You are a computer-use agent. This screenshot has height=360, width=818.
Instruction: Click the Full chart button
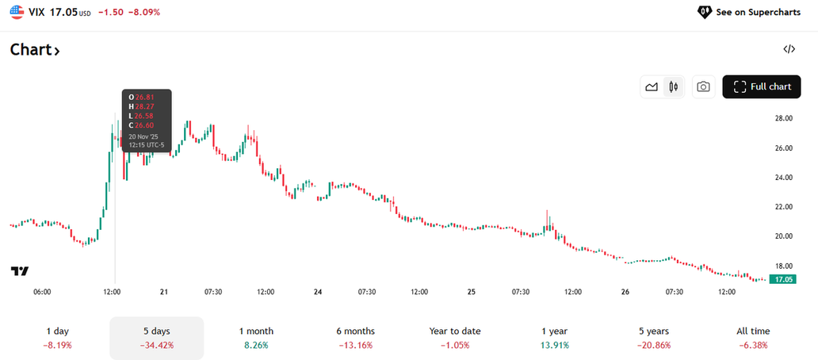(762, 86)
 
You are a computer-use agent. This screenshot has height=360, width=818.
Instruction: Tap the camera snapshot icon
(703, 86)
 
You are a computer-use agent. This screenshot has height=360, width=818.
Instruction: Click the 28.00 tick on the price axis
(784, 118)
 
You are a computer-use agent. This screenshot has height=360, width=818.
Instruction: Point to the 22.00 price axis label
(784, 207)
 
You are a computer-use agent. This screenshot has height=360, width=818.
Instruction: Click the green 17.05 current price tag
(785, 279)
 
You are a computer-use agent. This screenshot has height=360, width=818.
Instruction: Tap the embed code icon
(789, 49)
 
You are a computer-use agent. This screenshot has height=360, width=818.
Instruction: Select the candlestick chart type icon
(674, 86)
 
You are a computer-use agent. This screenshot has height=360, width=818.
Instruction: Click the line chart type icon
(652, 86)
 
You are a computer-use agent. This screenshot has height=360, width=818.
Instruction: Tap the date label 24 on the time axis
(318, 292)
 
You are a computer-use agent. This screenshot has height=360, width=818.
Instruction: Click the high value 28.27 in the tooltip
(143, 107)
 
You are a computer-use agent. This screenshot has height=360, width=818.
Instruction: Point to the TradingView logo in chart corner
(20, 271)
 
